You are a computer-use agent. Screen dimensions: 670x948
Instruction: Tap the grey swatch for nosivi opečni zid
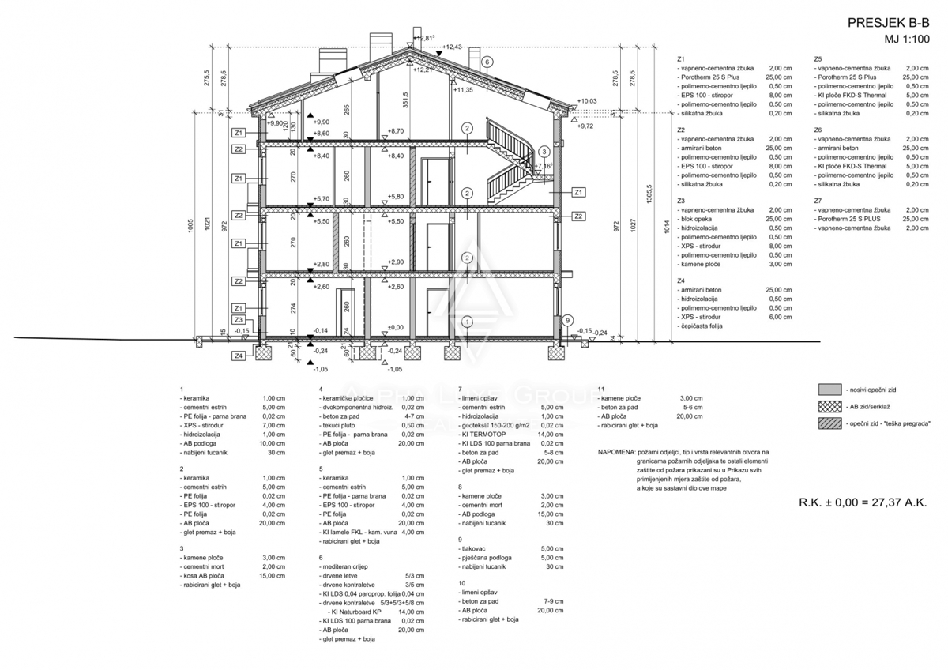pos(829,389)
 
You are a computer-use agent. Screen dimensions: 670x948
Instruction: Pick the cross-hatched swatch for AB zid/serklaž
pos(829,406)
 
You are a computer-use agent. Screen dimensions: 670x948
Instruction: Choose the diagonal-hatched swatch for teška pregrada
pos(829,423)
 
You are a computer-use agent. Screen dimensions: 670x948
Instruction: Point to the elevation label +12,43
pos(453,47)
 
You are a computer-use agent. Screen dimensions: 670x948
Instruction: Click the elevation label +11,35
pos(463,90)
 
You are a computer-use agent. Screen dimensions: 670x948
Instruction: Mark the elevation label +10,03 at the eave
pos(587,101)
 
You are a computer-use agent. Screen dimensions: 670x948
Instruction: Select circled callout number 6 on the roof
pos(487,61)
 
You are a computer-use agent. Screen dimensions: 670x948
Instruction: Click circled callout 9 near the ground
pos(567,320)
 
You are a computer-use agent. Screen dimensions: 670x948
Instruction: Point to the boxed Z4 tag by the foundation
pos(238,356)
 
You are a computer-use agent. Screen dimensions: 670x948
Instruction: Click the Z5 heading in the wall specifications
pos(818,59)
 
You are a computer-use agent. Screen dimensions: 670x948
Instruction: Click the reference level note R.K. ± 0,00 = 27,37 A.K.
pos(863,502)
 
